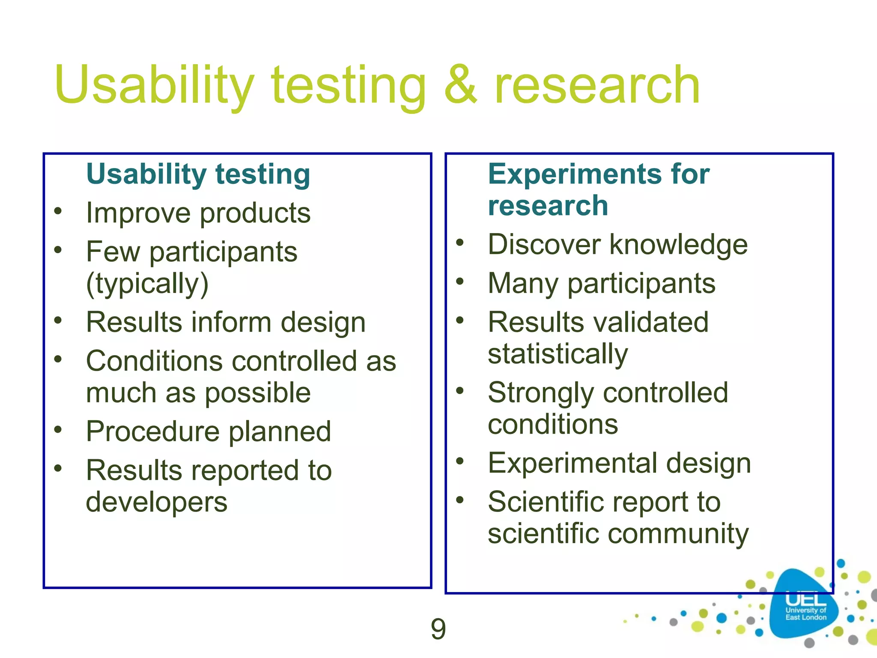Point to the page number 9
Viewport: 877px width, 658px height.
pos(438,629)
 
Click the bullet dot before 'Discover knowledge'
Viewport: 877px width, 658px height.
pos(460,242)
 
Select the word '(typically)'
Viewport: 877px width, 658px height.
pos(147,284)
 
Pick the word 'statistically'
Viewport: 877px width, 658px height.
pos(558,354)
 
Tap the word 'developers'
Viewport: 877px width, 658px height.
pos(156,502)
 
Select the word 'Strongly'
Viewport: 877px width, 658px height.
pos(540,393)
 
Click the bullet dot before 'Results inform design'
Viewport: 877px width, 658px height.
pos(58,320)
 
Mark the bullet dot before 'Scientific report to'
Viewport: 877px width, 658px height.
pos(460,500)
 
